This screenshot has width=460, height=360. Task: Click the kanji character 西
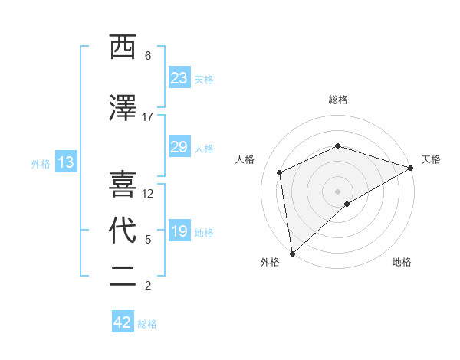click(x=123, y=47)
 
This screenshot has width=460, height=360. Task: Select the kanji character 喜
click(x=123, y=185)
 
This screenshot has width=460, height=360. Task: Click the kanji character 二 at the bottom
click(x=123, y=277)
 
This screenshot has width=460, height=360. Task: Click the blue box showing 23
click(x=179, y=78)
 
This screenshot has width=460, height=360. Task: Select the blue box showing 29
click(x=179, y=147)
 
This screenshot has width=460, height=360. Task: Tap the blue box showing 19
click(x=179, y=232)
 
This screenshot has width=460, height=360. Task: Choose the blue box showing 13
click(x=65, y=162)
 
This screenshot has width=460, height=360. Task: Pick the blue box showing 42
click(x=123, y=322)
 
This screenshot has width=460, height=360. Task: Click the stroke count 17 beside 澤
click(x=147, y=117)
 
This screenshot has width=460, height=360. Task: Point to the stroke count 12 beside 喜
click(x=148, y=194)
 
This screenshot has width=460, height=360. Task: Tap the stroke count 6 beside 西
click(x=147, y=56)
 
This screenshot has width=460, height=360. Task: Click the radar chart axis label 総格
click(x=337, y=100)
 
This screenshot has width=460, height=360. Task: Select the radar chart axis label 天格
click(x=431, y=159)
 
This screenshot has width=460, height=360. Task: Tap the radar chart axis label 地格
click(x=402, y=263)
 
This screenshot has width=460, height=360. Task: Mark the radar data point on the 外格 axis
click(x=291, y=253)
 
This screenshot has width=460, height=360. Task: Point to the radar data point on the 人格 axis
click(x=280, y=172)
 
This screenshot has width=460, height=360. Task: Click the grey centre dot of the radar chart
click(x=337, y=191)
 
